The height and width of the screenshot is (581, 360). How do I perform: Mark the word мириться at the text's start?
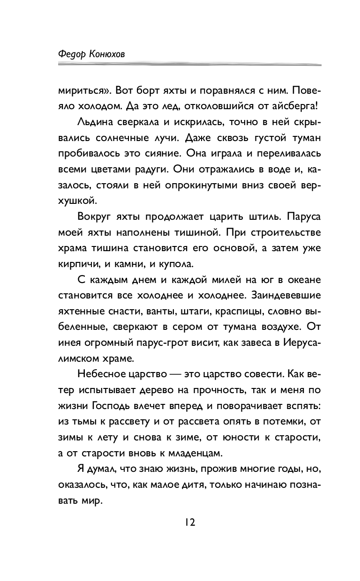(82, 89)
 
